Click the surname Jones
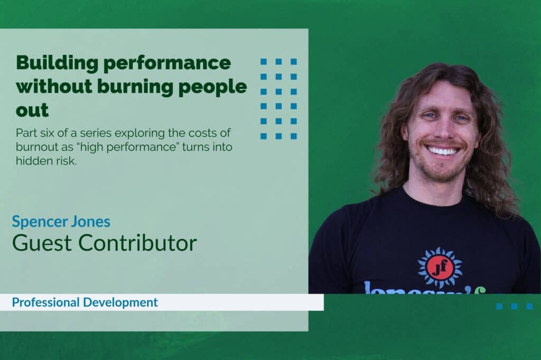coord(90,222)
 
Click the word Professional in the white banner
coord(46,302)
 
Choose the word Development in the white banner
coord(121,303)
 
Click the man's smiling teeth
coord(443,150)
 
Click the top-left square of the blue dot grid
coord(264,62)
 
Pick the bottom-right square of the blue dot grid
coord(294,136)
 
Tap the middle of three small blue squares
coord(515,306)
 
